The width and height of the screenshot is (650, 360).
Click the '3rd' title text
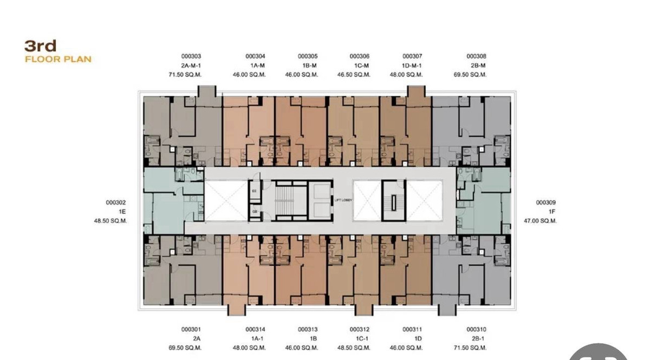[41, 46]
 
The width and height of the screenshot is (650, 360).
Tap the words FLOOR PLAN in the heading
[58, 59]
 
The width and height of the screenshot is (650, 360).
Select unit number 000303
[191, 56]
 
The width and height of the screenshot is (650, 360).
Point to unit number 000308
[476, 56]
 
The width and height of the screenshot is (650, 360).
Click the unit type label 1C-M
[360, 66]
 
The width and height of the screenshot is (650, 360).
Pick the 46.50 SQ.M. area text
[360, 75]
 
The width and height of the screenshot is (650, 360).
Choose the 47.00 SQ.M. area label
[540, 221]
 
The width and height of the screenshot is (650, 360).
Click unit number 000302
[116, 202]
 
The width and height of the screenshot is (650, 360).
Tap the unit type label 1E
[122, 212]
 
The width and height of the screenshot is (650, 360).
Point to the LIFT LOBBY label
[343, 200]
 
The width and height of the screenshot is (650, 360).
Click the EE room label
[254, 190]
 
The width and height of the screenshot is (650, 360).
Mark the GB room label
[254, 212]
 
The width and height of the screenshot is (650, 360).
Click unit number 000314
[255, 329]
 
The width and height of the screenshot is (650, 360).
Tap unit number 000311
[412, 329]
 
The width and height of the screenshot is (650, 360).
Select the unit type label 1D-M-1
[412, 66]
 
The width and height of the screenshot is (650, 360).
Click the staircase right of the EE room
[283, 200]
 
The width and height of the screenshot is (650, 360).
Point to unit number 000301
[191, 329]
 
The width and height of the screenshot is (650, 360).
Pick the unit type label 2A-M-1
[191, 66]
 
